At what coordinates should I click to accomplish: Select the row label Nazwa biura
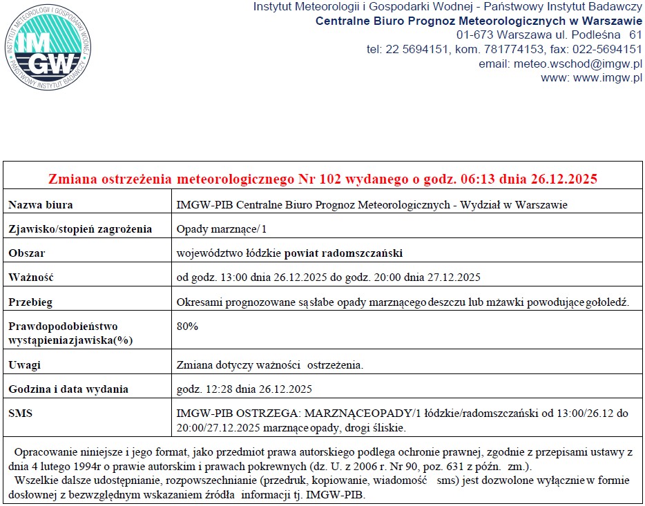click(x=41, y=205)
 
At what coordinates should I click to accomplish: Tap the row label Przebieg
click(x=30, y=302)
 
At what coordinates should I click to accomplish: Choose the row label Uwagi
click(x=25, y=364)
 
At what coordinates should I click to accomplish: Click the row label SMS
click(x=21, y=413)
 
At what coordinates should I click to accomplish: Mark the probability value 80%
click(x=187, y=326)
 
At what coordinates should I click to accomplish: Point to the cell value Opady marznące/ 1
click(x=211, y=229)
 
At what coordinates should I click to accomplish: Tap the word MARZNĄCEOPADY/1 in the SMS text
click(x=352, y=413)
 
